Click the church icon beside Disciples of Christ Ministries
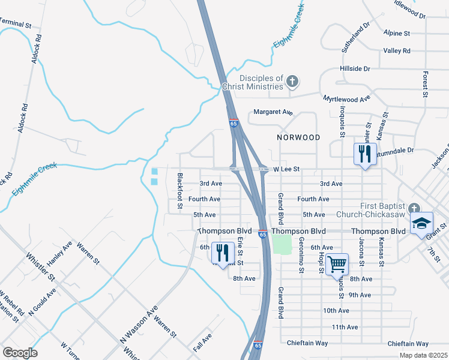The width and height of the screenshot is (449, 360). [x=292, y=81]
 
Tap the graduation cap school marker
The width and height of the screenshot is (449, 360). [x=422, y=223]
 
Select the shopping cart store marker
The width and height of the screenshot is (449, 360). [x=337, y=263]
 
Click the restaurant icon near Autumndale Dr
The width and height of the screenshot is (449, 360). [x=365, y=154]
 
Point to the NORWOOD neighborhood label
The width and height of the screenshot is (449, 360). [x=298, y=137]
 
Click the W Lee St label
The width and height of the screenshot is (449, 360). [x=286, y=170]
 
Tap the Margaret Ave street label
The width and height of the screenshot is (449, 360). [x=273, y=112]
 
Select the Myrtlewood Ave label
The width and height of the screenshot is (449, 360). [x=346, y=98]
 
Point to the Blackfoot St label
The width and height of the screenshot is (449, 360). [x=179, y=191]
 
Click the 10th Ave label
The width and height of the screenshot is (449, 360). [x=336, y=311]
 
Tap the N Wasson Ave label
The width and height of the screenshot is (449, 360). [x=139, y=324]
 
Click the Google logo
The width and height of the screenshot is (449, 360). [x=20, y=352]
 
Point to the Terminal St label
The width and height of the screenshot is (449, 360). [x=16, y=23]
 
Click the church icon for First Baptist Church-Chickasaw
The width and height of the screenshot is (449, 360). [x=413, y=209]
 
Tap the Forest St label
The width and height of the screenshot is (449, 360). [x=425, y=84]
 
